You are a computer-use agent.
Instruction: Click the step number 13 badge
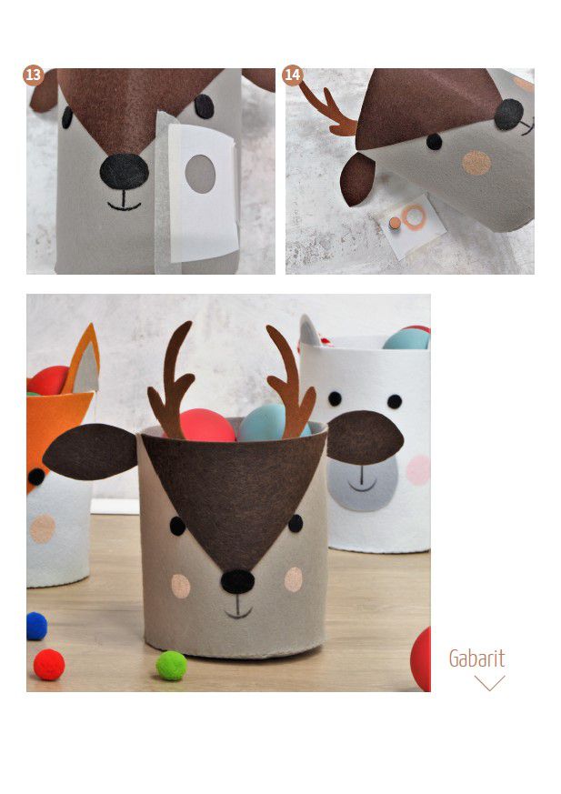pos(33,75)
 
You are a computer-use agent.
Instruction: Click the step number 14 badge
pos(292,75)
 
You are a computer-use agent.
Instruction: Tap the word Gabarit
pos(476,658)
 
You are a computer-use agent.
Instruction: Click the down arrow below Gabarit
pos(489,683)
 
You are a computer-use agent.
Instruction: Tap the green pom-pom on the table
pos(171,666)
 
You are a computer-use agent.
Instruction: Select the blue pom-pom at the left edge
pos(36,626)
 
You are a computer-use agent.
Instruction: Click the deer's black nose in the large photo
pos(237,581)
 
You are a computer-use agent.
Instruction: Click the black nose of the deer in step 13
pos(124,172)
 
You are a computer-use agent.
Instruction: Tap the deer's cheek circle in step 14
pos(476,163)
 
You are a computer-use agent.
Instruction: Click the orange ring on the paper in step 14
pos(415,216)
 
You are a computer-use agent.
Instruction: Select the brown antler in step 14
pos(331,111)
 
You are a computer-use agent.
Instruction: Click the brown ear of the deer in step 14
pos(357,179)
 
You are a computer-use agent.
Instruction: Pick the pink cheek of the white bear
pos(419,469)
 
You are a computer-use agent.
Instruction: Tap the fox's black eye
pos(36,477)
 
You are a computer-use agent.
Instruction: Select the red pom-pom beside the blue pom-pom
pos(49,664)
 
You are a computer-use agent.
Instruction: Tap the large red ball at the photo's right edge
pos(421,658)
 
